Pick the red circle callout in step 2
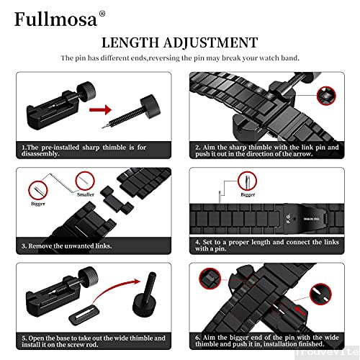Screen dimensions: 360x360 [325, 94]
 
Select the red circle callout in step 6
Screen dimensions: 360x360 [211, 276]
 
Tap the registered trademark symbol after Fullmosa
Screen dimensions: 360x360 [102, 13]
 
